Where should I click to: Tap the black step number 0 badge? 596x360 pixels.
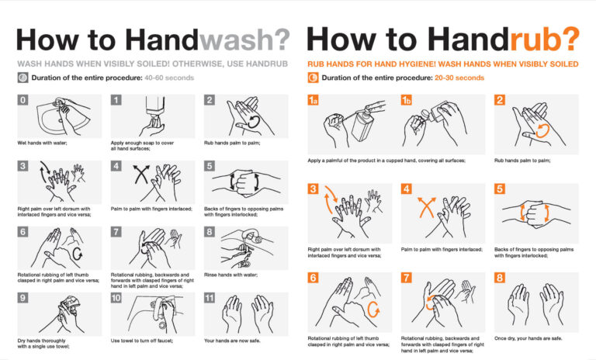[x=23, y=100]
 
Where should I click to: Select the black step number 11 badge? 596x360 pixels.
[x=210, y=298]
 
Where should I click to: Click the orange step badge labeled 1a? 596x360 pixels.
[x=313, y=100]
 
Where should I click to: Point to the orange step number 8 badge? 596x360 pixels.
[x=500, y=278]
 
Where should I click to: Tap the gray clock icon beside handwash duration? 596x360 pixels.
[x=23, y=78]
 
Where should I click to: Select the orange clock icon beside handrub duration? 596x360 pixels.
[x=313, y=78]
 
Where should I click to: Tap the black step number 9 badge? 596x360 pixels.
[x=23, y=298]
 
